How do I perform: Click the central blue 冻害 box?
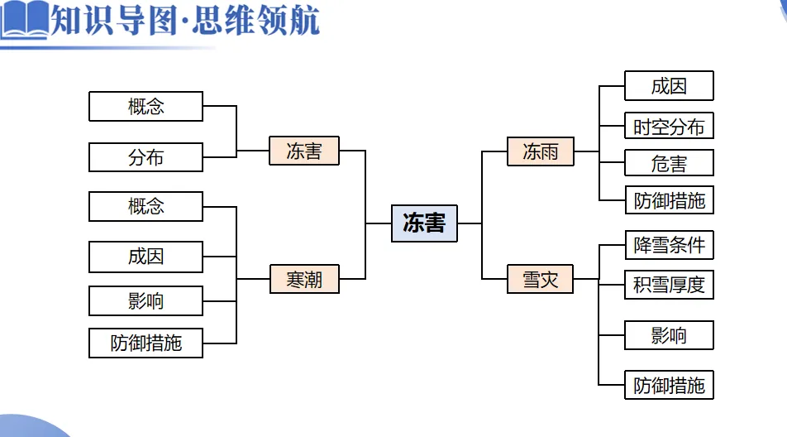[424, 223]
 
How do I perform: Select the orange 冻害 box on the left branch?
[304, 151]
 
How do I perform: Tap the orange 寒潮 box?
[304, 280]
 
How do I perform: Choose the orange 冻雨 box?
[541, 151]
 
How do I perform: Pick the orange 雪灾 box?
[541, 280]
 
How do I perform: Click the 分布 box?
[145, 157]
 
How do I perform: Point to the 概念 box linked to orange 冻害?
[145, 107]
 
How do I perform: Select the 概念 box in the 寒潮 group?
[145, 207]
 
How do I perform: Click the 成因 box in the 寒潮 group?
[145, 257]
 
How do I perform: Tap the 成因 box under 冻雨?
[669, 86]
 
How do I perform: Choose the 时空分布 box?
[669, 127]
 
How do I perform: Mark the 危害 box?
[669, 164]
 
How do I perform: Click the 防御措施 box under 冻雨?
[669, 201]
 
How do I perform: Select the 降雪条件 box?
[669, 246]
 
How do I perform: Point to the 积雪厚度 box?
[669, 286]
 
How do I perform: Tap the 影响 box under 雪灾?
[669, 335]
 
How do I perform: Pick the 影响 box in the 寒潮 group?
[145, 301]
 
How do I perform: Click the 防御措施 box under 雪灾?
[669, 386]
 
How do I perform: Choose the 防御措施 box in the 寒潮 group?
[145, 343]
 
